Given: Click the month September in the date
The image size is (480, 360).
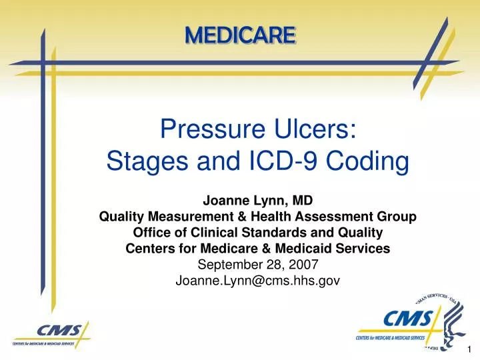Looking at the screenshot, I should (x=234, y=265).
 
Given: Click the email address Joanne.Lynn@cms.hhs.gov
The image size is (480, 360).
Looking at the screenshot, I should (x=257, y=281).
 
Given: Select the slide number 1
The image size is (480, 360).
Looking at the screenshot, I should (x=469, y=349).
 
